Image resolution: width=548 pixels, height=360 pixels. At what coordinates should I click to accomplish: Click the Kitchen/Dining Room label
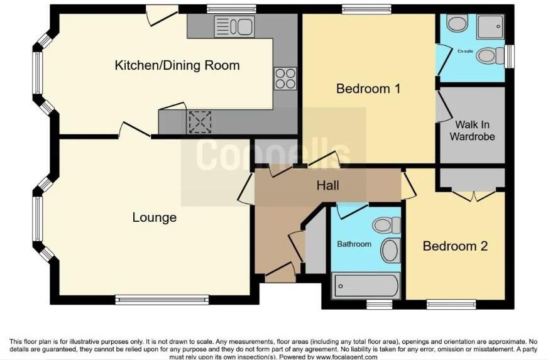point(177,65)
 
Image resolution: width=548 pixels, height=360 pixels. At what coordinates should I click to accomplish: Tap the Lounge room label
point(154,218)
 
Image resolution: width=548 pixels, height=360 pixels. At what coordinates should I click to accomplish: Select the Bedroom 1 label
point(368,89)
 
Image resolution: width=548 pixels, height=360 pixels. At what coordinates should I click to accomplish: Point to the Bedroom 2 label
point(455,246)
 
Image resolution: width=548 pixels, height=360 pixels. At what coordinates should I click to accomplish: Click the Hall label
point(327,185)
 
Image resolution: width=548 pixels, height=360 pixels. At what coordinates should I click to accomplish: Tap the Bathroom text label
point(354,244)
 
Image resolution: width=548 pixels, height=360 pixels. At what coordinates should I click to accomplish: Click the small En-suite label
point(465,52)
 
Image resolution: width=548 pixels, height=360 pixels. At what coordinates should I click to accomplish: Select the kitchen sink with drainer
point(233,27)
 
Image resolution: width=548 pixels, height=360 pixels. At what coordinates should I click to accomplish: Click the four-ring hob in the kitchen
point(285,77)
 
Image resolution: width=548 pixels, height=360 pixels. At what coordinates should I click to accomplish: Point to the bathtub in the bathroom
point(365,286)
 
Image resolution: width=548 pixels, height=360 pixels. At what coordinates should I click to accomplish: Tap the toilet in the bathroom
point(386,225)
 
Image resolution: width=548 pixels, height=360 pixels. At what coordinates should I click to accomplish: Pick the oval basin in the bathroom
point(390,250)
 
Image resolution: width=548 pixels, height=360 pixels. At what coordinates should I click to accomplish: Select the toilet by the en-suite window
point(490,56)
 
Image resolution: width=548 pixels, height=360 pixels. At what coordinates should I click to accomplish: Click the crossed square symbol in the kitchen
point(200,122)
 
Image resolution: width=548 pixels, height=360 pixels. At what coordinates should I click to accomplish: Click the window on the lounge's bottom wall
point(162,300)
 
